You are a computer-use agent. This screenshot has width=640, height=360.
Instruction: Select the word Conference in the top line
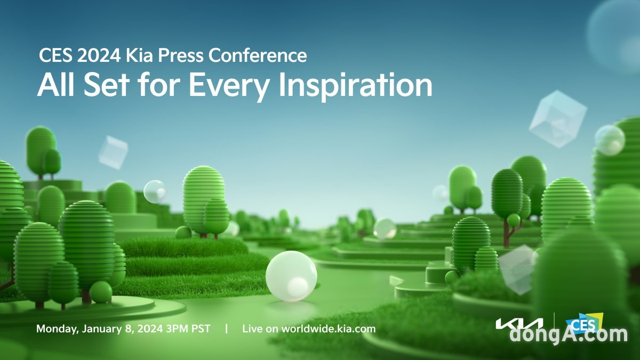[x=258, y=55]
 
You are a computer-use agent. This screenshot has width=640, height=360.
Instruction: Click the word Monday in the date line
[x=57, y=329]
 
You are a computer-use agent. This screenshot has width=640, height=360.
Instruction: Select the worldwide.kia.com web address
[x=329, y=329]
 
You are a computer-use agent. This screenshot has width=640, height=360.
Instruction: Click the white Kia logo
[x=519, y=324]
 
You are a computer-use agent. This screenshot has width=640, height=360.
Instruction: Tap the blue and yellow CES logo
[x=585, y=324]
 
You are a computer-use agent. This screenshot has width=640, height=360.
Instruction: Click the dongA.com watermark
[x=569, y=335]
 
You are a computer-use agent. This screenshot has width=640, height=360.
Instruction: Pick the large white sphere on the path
[x=291, y=276]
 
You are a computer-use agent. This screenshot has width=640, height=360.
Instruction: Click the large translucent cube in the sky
[x=558, y=119]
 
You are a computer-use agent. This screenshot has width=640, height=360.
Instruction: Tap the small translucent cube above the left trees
[x=113, y=153]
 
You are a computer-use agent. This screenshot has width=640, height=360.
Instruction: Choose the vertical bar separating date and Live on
[x=227, y=329]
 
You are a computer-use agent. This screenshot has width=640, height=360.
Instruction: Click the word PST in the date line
[x=201, y=329]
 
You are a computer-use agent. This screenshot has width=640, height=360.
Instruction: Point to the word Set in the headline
[x=106, y=85]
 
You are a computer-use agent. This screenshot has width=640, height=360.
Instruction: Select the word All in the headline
[x=56, y=85]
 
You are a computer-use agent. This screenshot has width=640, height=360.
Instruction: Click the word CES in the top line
[x=55, y=55]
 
